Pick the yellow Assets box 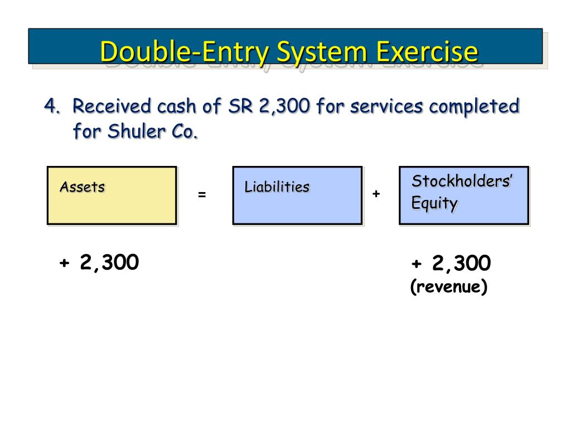pyautogui.click(x=112, y=196)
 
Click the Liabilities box pyautogui.click(x=297, y=196)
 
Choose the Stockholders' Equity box pyautogui.click(x=463, y=196)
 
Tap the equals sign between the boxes pyautogui.click(x=202, y=195)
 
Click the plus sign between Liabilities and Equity pyautogui.click(x=376, y=193)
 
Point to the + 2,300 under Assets pyautogui.click(x=99, y=261)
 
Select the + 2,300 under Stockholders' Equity pyautogui.click(x=451, y=263)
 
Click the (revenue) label pyautogui.click(x=449, y=287)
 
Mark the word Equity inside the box pyautogui.click(x=434, y=203)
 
